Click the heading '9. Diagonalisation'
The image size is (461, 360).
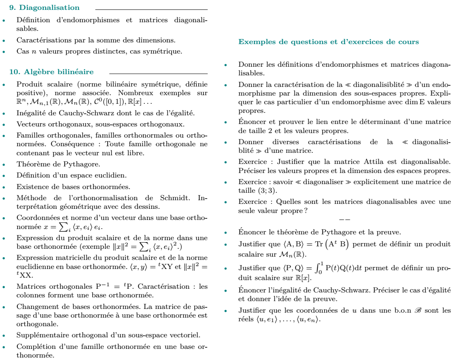(44, 7)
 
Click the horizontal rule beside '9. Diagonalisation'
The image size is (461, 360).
(151, 9)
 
